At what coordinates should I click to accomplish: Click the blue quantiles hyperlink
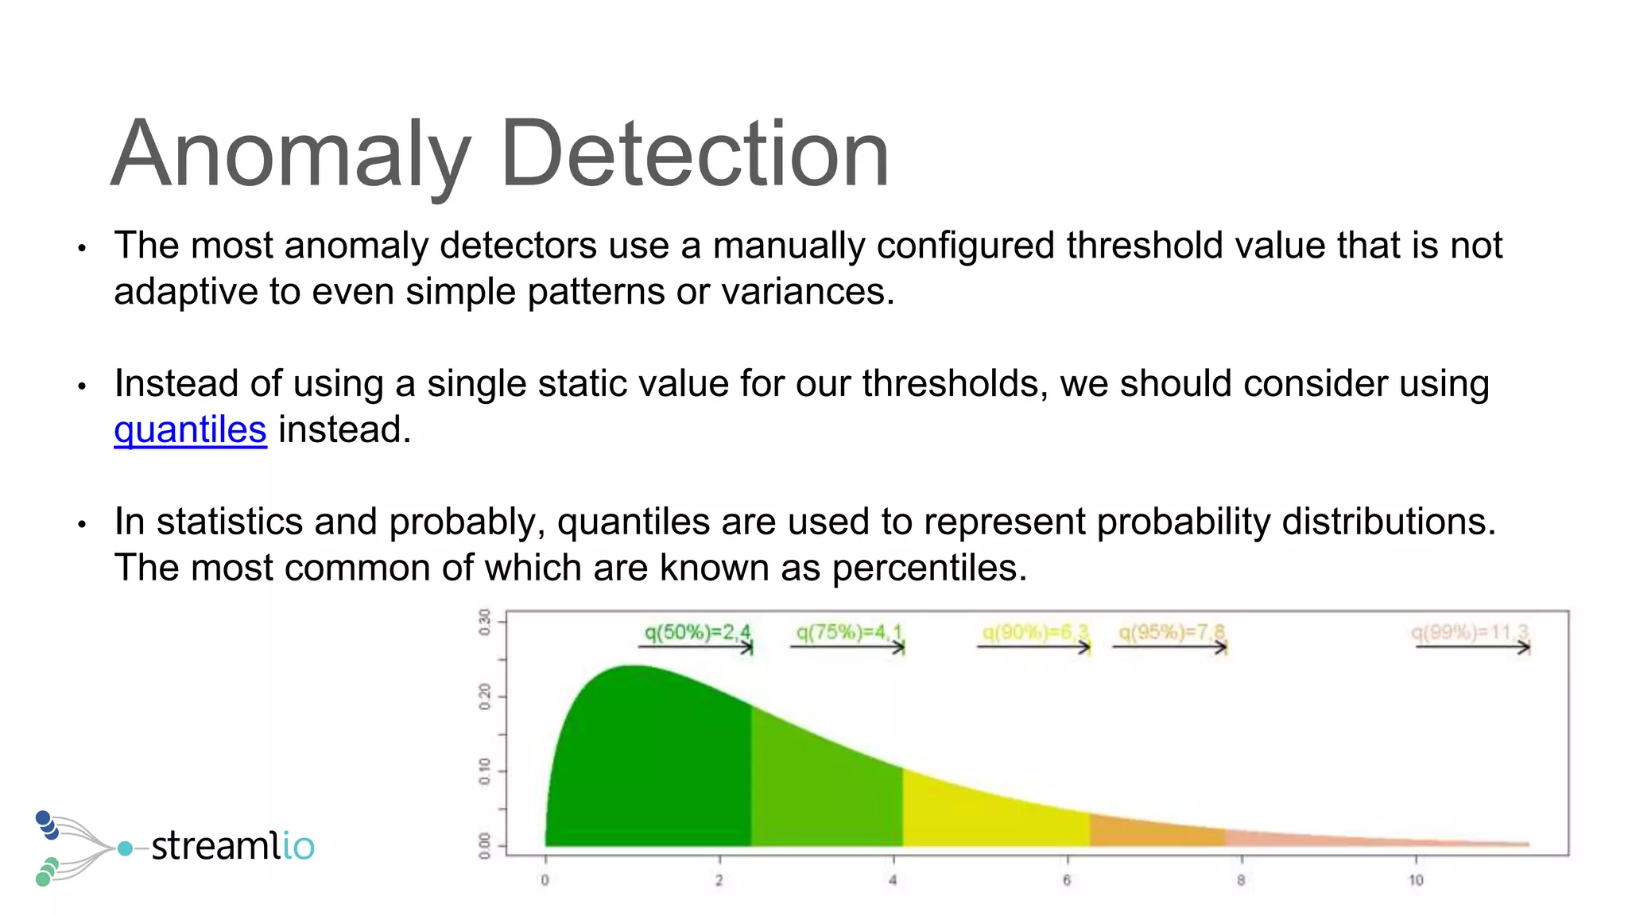click(x=190, y=430)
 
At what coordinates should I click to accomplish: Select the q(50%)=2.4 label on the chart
click(x=697, y=633)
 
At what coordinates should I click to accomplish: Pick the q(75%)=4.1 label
click(x=849, y=633)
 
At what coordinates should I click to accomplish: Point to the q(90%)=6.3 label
click(x=1034, y=633)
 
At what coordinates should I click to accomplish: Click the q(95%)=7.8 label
click(x=1171, y=633)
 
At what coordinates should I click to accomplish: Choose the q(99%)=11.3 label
click(x=1469, y=633)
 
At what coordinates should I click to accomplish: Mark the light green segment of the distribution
click(x=823, y=795)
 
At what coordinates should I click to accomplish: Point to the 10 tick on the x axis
click(x=1416, y=879)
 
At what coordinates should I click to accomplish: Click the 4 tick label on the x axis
click(x=893, y=879)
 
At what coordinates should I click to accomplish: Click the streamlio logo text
click(x=232, y=845)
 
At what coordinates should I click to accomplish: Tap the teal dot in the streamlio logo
click(x=125, y=848)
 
